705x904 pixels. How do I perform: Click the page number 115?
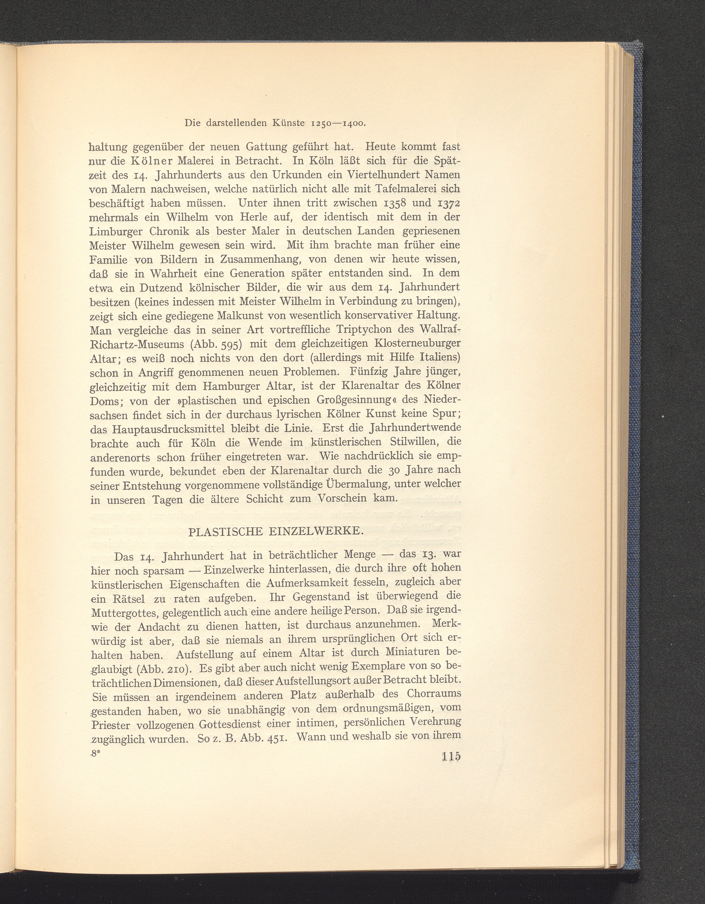pyautogui.click(x=451, y=756)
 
